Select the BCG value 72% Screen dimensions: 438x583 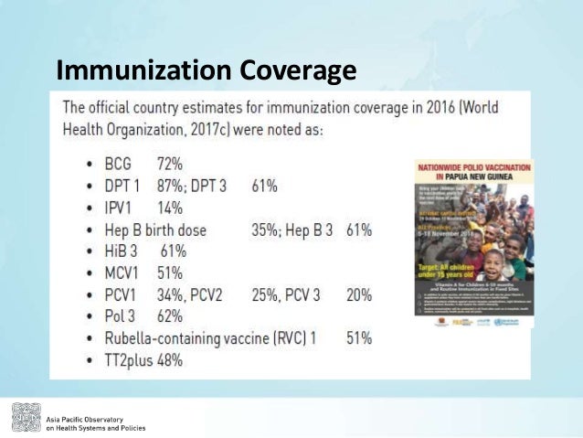(169, 165)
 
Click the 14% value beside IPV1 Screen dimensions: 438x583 (169, 208)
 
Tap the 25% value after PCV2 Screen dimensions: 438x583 (266, 294)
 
